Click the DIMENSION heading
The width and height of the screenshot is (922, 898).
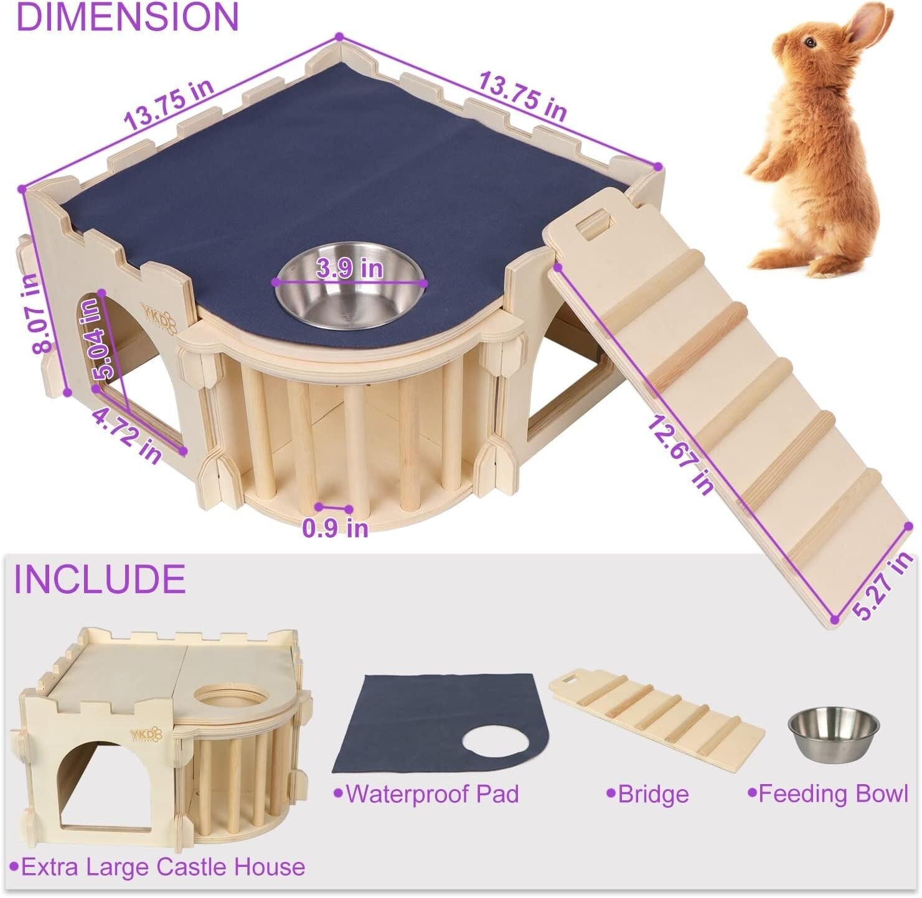(127, 17)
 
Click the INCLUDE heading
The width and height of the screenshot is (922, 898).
(100, 579)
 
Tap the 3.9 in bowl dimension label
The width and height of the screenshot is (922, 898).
(349, 269)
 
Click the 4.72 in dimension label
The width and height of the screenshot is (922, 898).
(127, 436)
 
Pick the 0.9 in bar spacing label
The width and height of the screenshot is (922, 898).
(335, 528)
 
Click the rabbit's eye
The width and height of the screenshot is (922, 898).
(809, 42)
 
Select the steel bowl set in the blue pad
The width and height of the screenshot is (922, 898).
(350, 287)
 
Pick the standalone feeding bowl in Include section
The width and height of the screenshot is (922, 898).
(834, 732)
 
